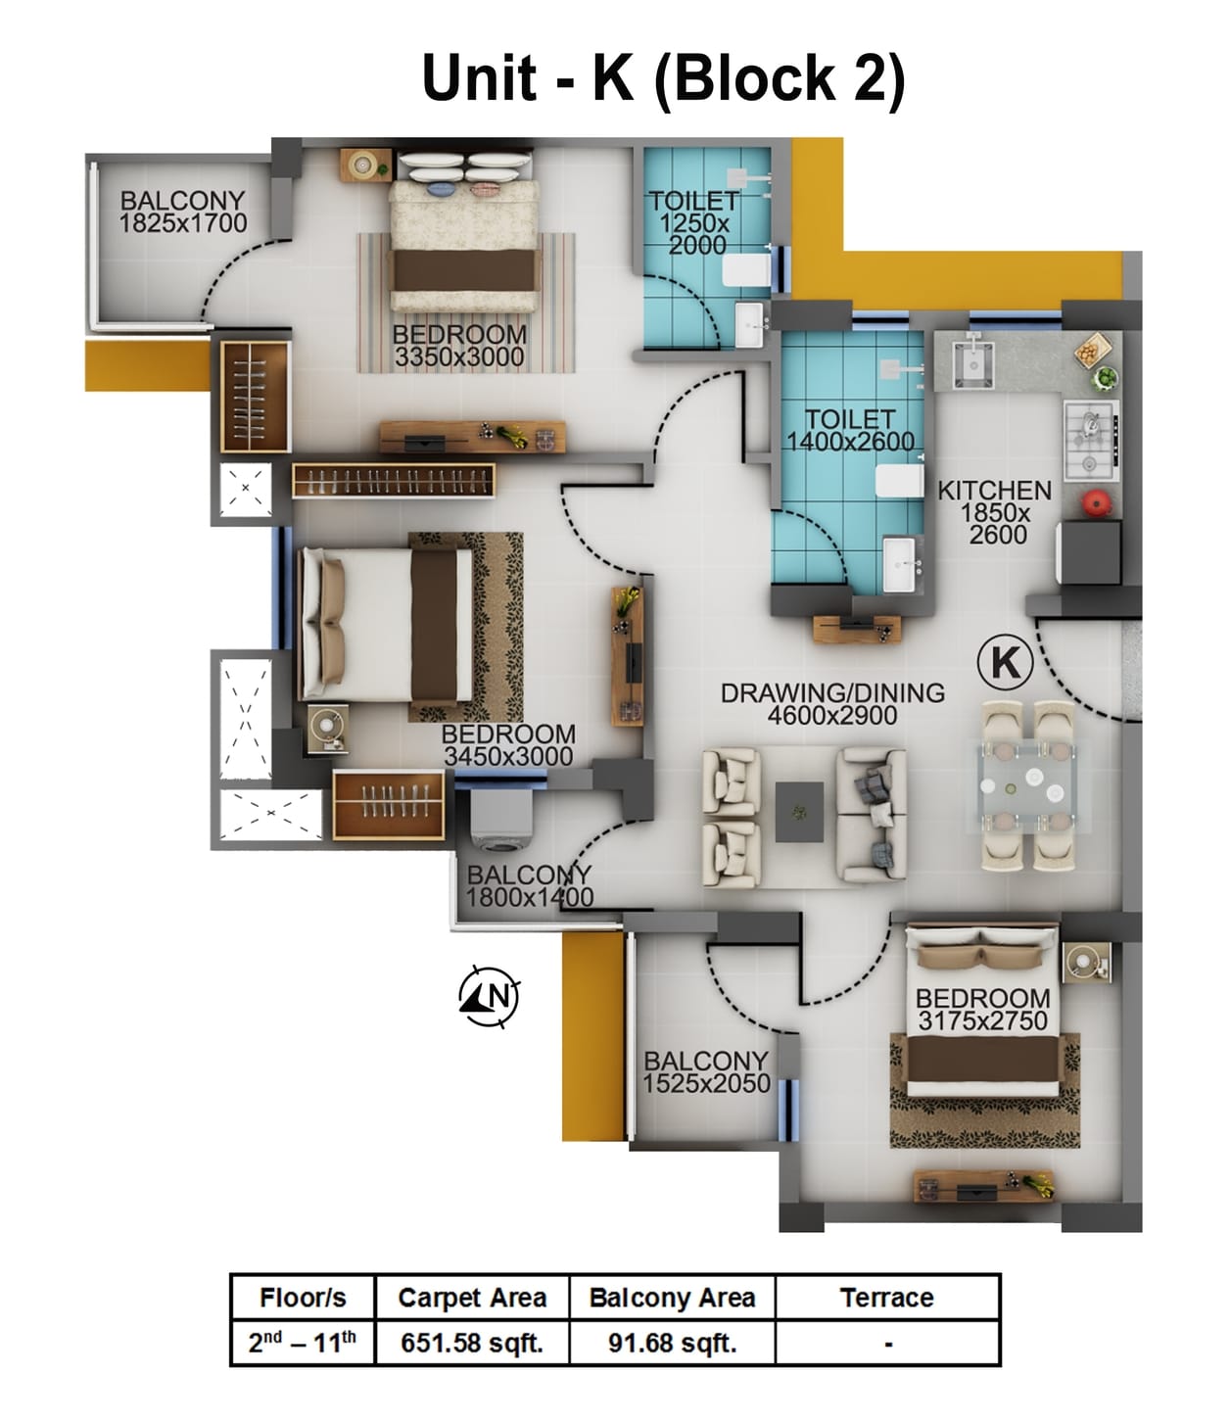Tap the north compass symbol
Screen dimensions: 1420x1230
489,997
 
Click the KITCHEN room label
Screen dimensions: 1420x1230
994,491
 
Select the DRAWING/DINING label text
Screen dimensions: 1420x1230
832,692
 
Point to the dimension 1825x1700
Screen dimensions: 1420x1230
183,223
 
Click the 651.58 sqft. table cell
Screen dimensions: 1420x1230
471,1343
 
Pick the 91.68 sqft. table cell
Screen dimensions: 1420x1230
672,1343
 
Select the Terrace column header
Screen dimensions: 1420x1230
886,1298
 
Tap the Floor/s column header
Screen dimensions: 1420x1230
303,1298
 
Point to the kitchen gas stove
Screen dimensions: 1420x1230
1091,430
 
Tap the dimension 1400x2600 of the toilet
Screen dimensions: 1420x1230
850,442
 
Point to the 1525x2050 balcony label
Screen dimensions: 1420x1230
705,1071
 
